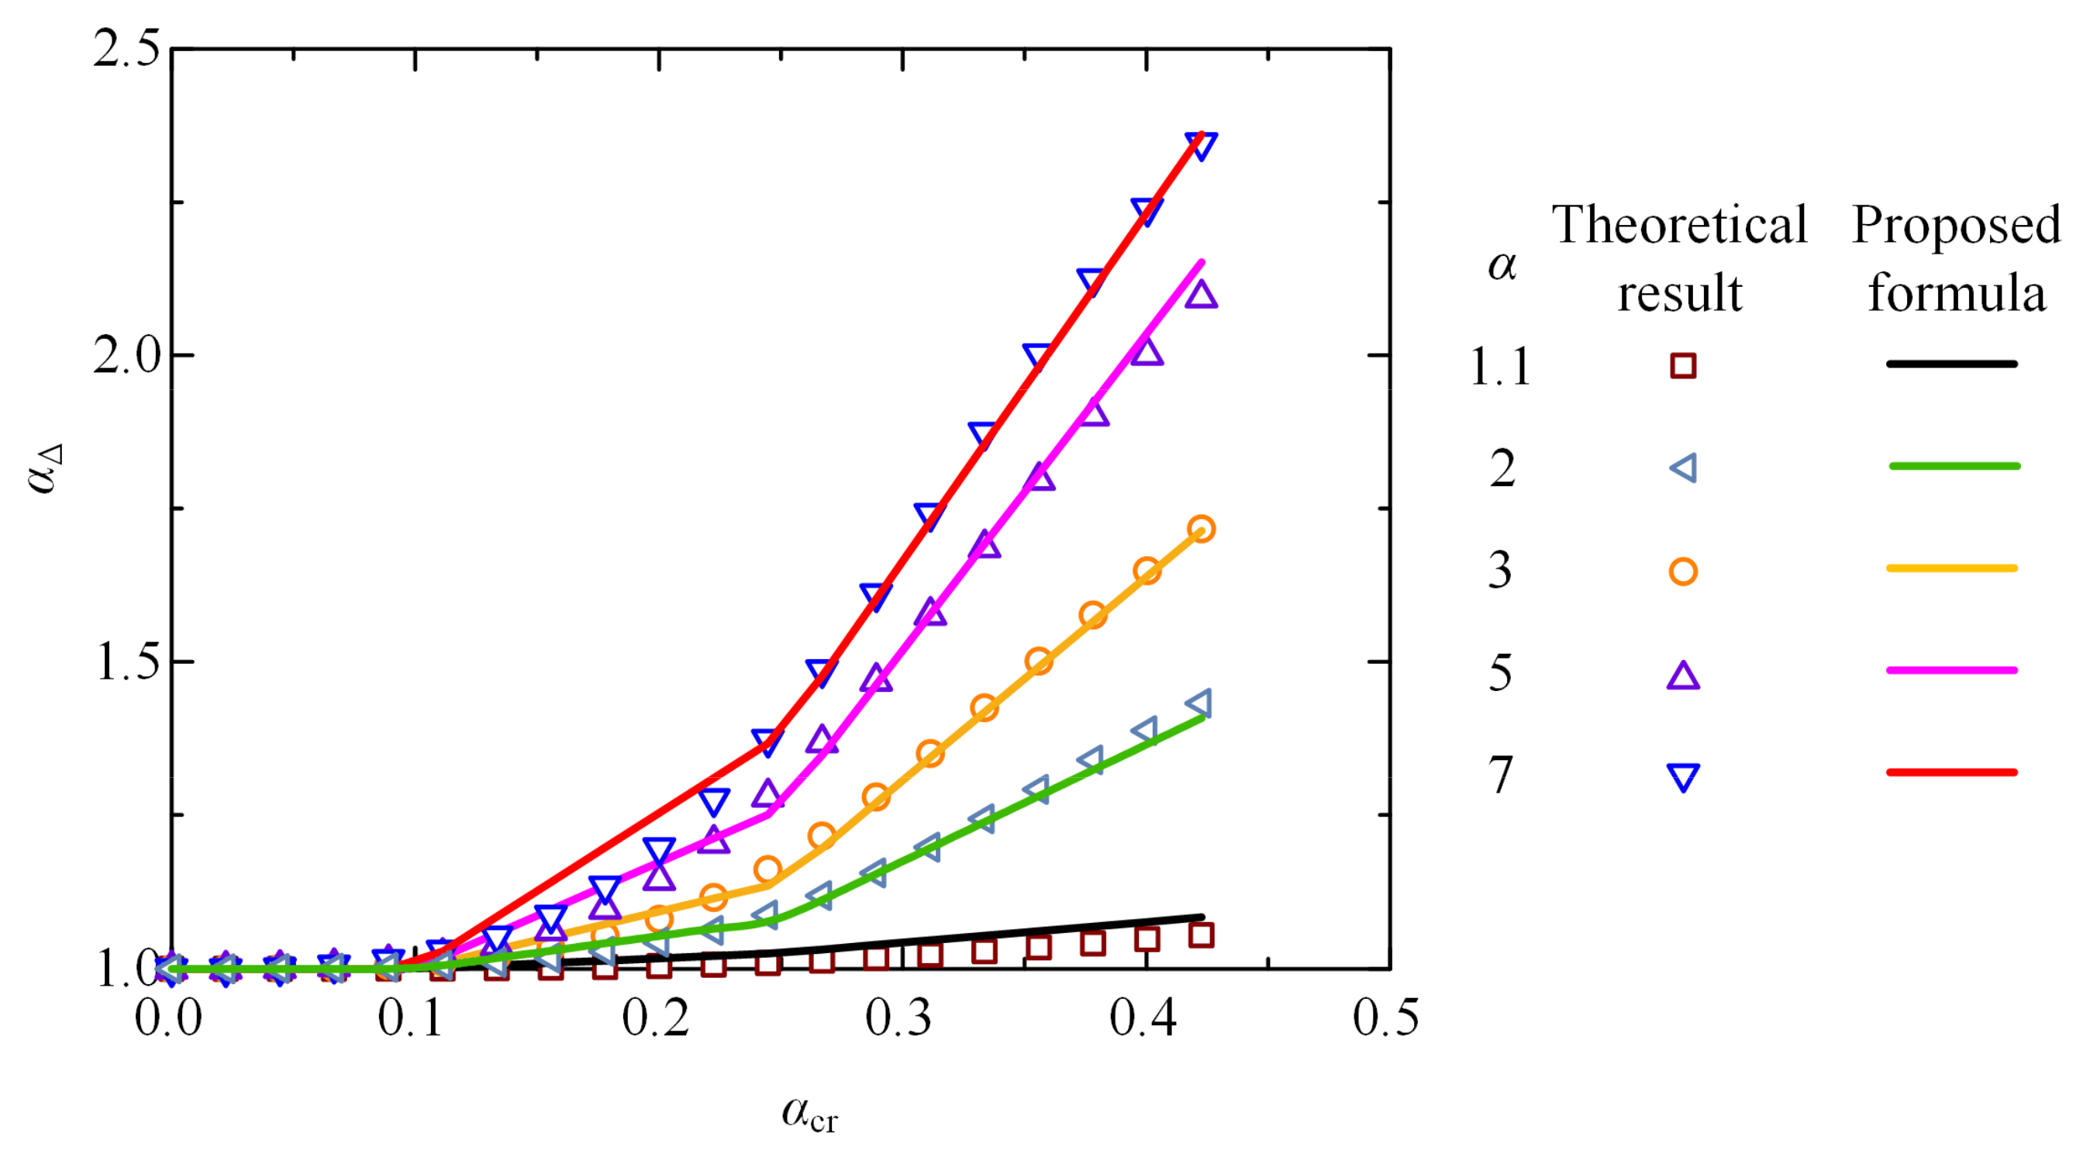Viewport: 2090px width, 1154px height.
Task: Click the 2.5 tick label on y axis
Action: tap(126, 50)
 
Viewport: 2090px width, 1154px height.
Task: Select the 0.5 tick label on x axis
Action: tap(1386, 1018)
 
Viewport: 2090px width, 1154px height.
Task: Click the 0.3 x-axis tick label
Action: tap(898, 1018)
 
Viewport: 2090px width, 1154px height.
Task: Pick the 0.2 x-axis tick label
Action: tap(655, 1018)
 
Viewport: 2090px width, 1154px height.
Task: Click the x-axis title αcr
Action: tap(809, 1114)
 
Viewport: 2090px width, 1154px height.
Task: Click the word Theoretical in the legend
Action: tap(1679, 225)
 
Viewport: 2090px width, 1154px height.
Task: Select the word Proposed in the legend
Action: tap(1956, 225)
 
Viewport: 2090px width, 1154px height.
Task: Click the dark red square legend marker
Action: tap(1683, 366)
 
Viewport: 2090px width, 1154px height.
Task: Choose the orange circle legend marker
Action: tap(1683, 572)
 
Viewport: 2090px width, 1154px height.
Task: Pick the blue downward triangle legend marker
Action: tap(1683, 776)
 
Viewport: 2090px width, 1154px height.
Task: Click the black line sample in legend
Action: tap(1951, 365)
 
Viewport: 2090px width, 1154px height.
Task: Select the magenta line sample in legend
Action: tap(1951, 670)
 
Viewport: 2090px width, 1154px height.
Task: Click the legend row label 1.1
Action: tap(1500, 367)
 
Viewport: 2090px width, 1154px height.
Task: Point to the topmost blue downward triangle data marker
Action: tap(1201, 145)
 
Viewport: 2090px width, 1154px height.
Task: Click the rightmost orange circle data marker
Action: tap(1201, 529)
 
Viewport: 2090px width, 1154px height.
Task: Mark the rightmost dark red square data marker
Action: tap(1201, 935)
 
